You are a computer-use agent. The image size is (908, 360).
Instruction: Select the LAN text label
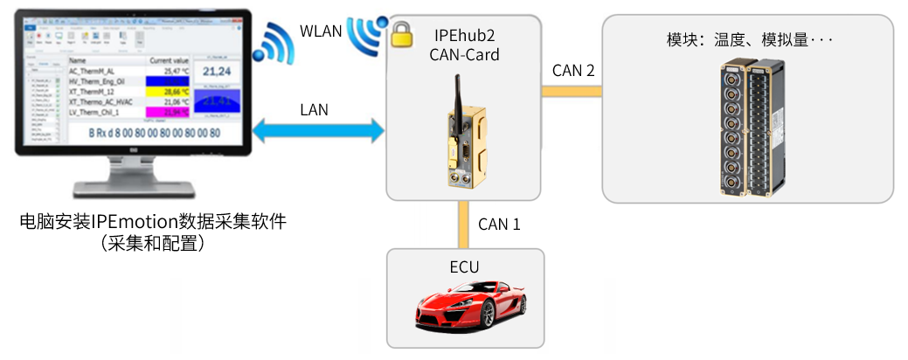coord(315,110)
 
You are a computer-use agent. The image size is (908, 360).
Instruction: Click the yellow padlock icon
coord(401,37)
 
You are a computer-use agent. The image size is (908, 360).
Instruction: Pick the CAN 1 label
coord(499,224)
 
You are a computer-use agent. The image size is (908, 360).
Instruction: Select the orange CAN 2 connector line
coord(573,90)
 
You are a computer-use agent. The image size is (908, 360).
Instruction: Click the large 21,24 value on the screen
coord(214,71)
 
